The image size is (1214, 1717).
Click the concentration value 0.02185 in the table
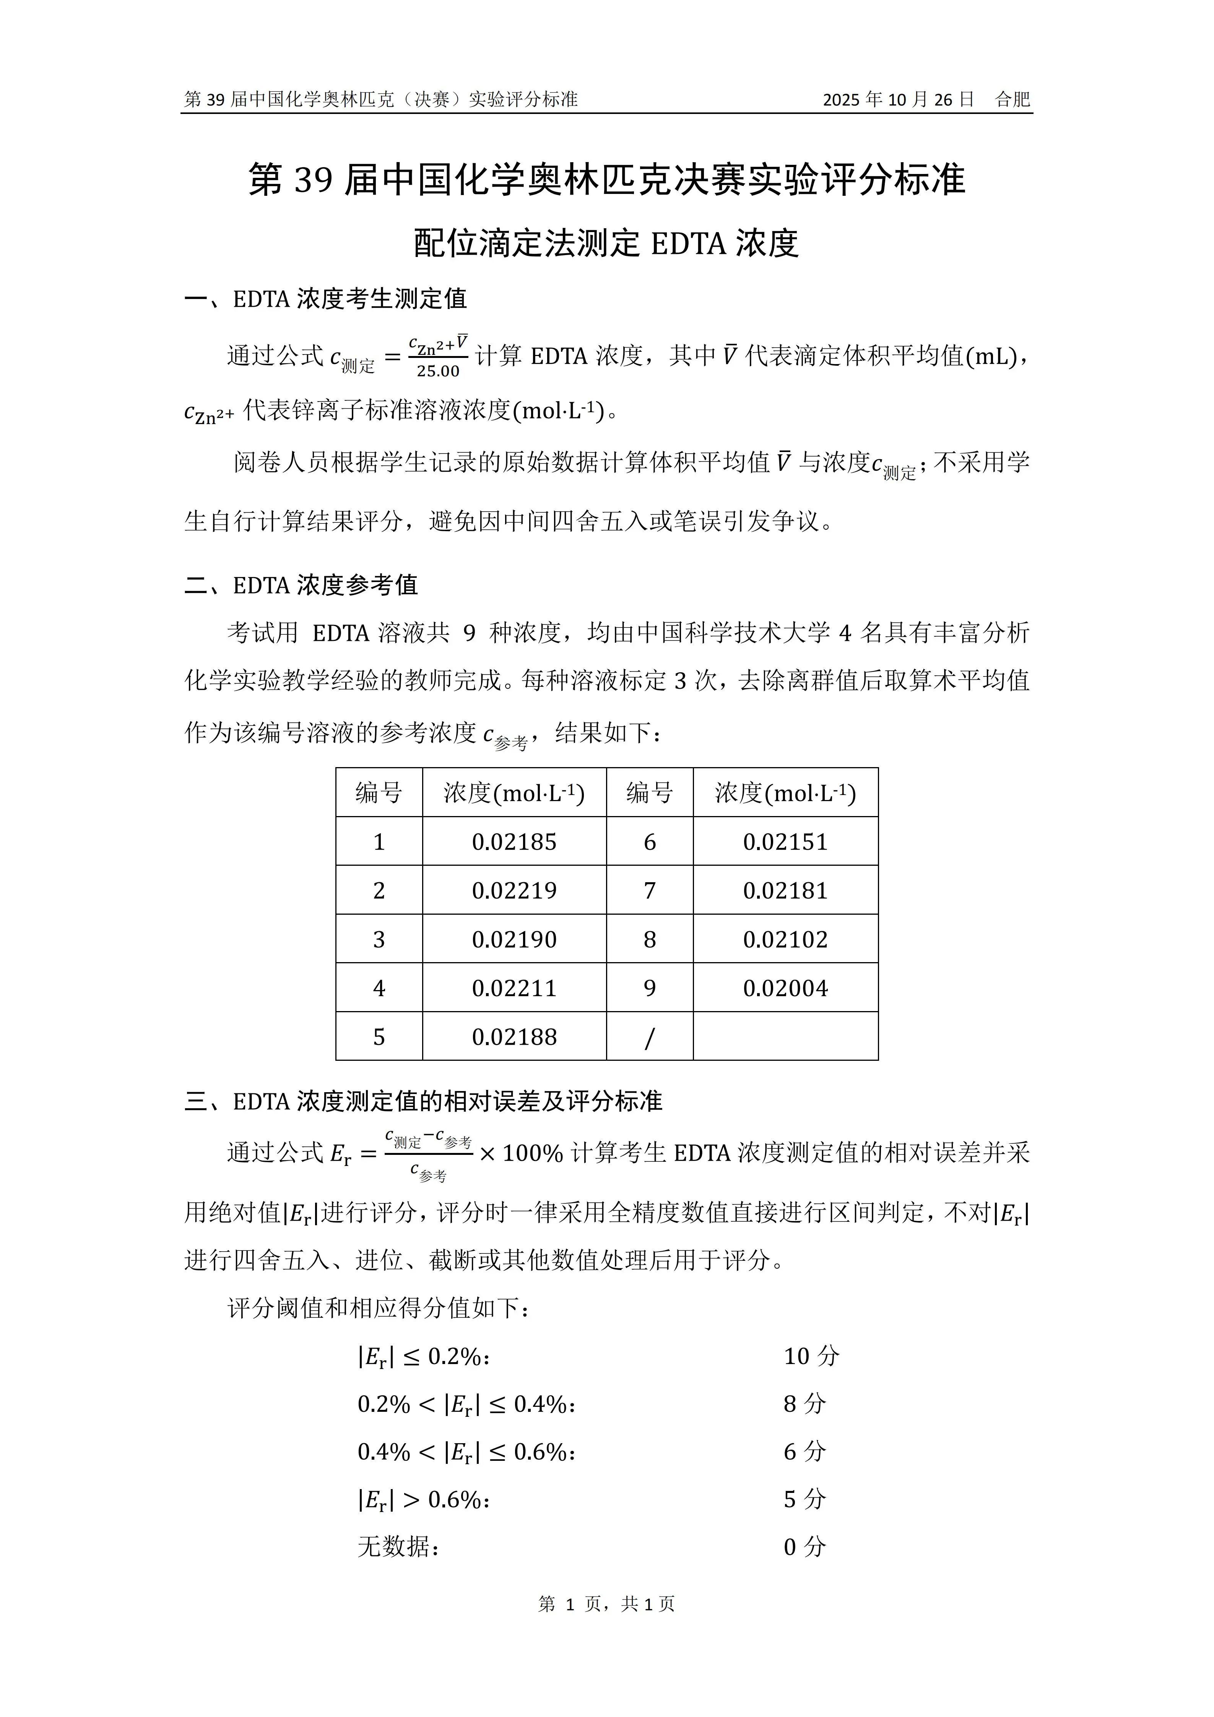coord(514,842)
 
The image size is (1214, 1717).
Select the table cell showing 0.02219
coord(514,891)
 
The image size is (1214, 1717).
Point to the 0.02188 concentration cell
coord(514,1037)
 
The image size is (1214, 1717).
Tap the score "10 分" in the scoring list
coord(811,1356)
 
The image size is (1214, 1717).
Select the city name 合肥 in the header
coord(1013,99)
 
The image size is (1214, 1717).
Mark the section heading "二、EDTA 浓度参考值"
coord(301,585)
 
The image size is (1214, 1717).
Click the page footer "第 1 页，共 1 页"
coord(606,1625)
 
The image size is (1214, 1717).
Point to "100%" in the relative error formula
coord(532,1153)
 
